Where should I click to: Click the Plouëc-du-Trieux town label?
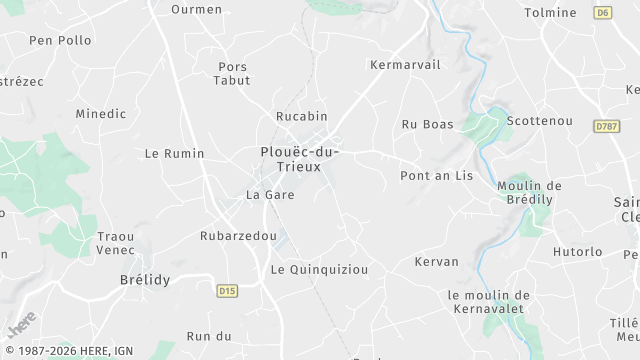[x=299, y=159]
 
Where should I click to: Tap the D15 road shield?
[x=227, y=291]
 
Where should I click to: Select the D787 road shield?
[x=606, y=126]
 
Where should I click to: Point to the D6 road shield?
[x=602, y=13]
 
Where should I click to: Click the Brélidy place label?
[x=145, y=280]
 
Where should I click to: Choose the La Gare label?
[x=270, y=195]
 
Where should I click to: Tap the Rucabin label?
[x=301, y=116]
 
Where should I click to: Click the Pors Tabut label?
[x=233, y=73]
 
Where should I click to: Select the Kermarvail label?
[x=404, y=64]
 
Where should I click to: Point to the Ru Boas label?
[x=427, y=125]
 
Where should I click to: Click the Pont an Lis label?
[x=436, y=175]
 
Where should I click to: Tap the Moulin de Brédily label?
[x=530, y=193]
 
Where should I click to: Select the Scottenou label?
[x=540, y=121]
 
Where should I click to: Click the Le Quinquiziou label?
[x=320, y=270]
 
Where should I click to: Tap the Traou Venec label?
[x=116, y=243]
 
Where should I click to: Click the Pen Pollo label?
[x=60, y=41]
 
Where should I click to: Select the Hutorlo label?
[x=578, y=252]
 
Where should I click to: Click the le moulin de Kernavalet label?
[x=489, y=302]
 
